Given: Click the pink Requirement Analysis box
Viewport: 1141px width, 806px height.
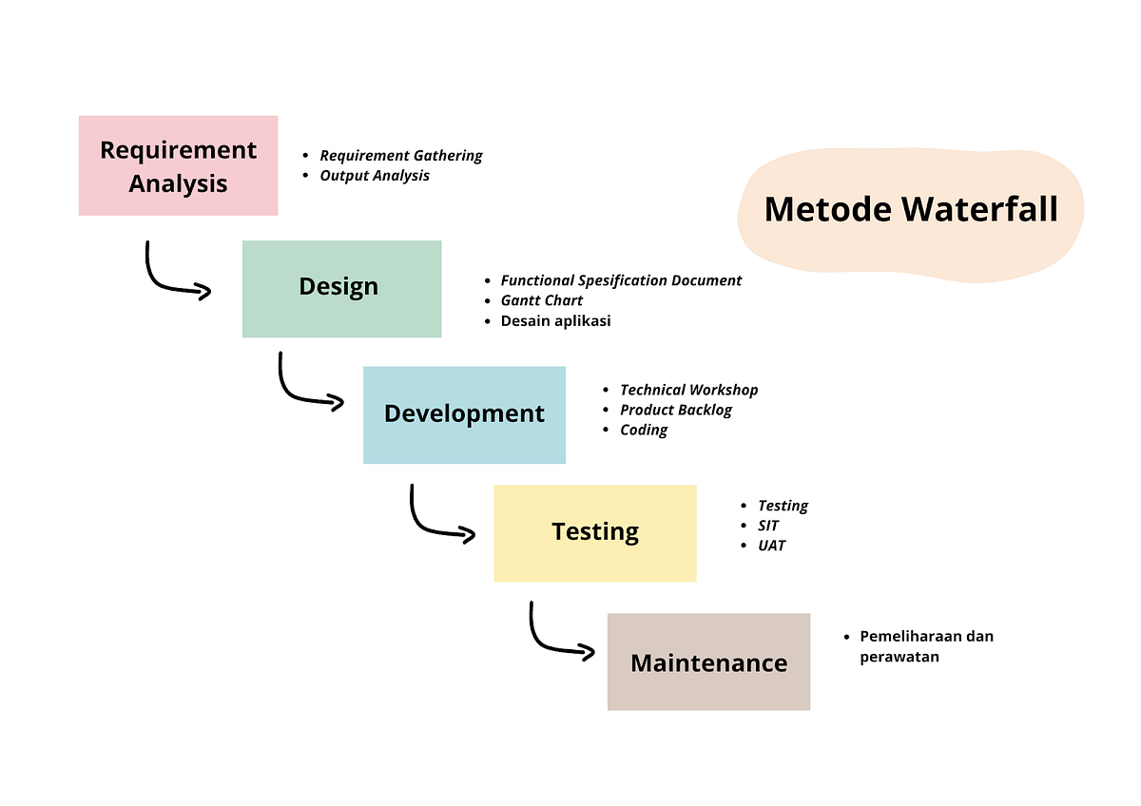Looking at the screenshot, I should (178, 165).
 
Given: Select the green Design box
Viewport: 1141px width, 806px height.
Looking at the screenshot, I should (341, 288).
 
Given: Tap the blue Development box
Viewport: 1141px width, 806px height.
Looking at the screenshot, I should (464, 414).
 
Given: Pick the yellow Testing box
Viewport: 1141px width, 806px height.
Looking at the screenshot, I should (594, 532).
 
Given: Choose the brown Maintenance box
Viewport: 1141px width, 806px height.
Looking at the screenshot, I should (708, 662).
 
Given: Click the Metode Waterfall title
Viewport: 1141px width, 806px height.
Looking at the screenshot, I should (910, 209).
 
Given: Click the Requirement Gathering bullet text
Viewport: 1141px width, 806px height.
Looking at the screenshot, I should (400, 156).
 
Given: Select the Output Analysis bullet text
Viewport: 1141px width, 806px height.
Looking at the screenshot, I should (374, 176).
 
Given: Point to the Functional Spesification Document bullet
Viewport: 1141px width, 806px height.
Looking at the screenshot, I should (621, 280).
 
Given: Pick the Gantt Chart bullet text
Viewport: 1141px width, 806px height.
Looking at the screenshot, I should (541, 300).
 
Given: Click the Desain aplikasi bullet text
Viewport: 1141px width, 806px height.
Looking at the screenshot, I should (555, 320).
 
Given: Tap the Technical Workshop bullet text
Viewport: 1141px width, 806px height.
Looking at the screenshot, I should (688, 390).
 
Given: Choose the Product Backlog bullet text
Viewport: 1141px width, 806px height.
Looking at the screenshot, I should (675, 410).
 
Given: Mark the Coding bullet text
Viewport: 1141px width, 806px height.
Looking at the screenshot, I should (644, 430).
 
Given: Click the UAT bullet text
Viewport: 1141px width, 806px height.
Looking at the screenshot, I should (771, 546).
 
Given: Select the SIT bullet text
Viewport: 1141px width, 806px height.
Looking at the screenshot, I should (768, 526).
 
